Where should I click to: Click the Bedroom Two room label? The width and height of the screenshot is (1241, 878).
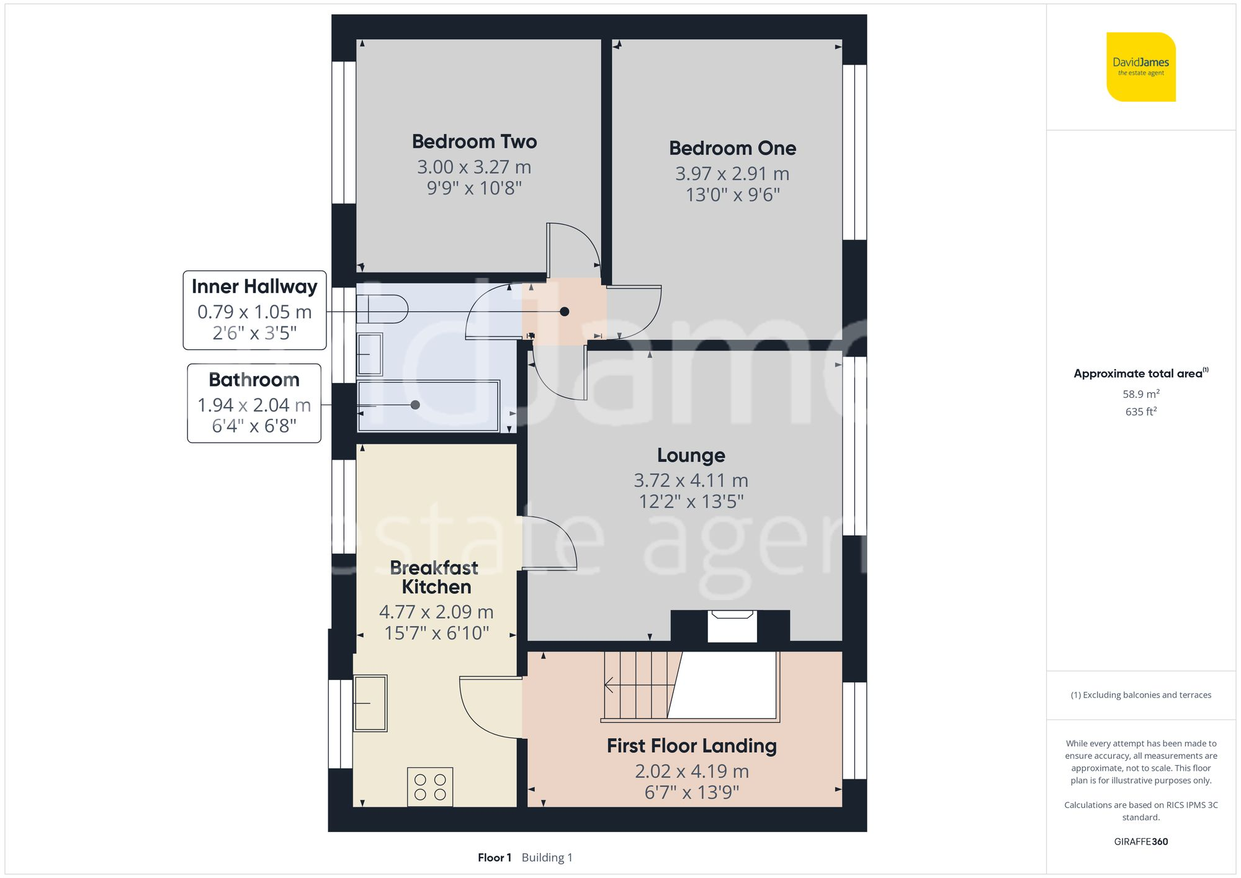pos(474,141)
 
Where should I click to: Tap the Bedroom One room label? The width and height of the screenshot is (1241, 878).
pos(732,148)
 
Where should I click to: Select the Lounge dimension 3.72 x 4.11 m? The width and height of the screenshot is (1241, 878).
pos(691,480)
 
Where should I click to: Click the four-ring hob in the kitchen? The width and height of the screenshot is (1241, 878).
pos(430,787)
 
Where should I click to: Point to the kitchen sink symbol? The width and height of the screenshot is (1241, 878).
pos(370,703)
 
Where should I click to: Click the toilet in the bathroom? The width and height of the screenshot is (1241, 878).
pos(382,308)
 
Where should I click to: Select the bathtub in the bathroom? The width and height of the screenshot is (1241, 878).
pos(428,405)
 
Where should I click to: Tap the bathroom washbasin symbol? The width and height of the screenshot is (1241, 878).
pos(370,354)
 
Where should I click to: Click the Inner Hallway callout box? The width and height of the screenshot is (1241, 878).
pos(254,310)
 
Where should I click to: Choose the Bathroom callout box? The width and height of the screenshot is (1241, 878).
pos(254,403)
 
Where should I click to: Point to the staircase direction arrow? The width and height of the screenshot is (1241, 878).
pos(610,685)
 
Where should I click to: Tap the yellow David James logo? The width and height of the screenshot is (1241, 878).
pos(1140,67)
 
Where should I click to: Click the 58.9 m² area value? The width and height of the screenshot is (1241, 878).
pos(1140,394)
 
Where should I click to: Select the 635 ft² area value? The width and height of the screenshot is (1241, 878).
pos(1140,411)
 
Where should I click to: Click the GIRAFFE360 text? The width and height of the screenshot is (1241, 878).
pos(1140,841)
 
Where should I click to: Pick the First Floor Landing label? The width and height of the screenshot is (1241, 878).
pos(691,746)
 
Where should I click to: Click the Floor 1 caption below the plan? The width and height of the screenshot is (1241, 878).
pos(495,858)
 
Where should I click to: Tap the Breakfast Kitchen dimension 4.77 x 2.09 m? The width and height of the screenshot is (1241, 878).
pos(436,612)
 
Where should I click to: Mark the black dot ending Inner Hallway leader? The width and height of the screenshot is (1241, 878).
pos(564,311)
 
